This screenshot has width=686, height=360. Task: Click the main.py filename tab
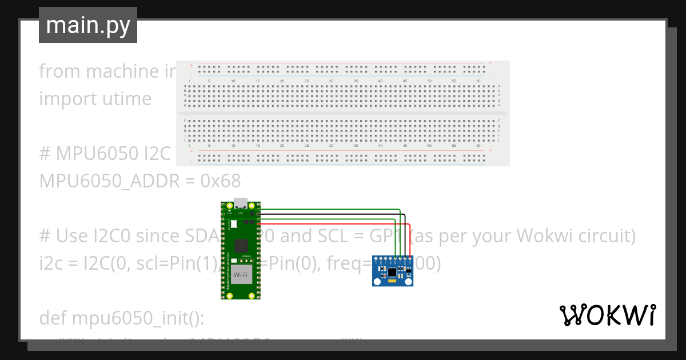[87, 25]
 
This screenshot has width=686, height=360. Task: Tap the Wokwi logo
[607, 315]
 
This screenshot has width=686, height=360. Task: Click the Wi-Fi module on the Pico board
[241, 275]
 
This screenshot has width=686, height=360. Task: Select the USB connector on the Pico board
[241, 203]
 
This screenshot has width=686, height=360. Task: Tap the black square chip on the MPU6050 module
[392, 270]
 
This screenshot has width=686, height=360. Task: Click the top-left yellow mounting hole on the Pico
[229, 206]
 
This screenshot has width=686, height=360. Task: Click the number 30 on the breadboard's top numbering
[331, 81]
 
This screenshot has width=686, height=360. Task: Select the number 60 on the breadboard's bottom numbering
[478, 146]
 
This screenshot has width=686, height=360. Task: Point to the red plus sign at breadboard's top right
[490, 63]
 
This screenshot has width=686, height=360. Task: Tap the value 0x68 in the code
[221, 181]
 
